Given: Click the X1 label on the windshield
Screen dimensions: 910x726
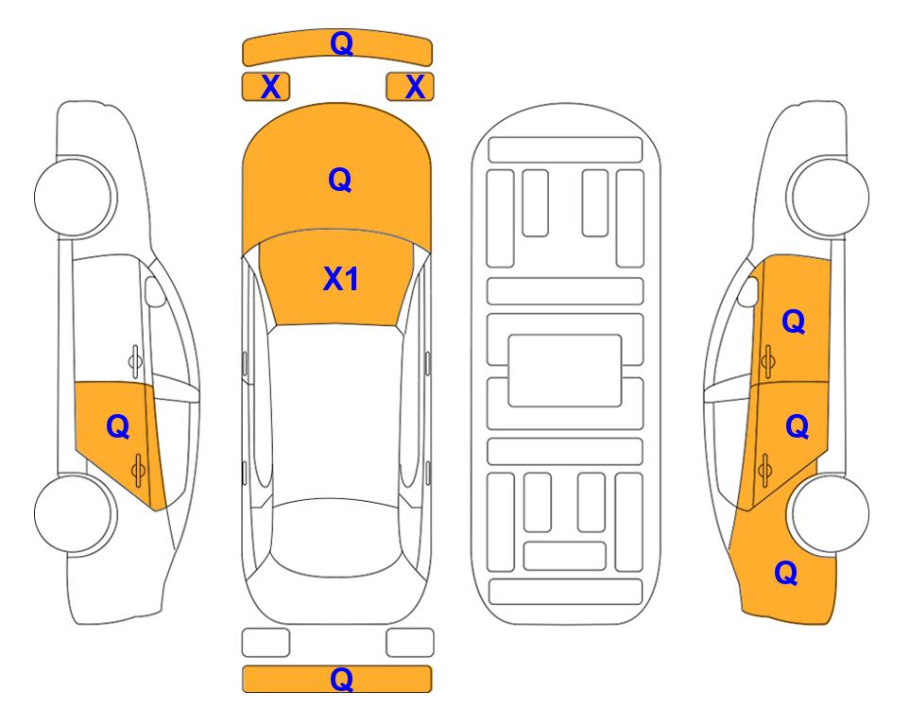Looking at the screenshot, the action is tap(341, 279).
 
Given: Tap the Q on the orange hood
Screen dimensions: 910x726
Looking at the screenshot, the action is tap(340, 180).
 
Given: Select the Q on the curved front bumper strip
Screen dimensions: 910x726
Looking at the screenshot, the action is tap(341, 43).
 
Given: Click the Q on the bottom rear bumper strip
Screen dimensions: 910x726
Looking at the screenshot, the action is tap(341, 679).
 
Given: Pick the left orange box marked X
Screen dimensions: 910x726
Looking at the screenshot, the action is tap(266, 87).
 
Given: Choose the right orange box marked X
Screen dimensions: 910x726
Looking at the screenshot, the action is tap(410, 87).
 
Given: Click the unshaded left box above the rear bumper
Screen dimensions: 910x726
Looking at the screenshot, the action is tap(266, 643).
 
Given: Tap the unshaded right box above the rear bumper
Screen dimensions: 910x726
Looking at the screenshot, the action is tap(410, 643).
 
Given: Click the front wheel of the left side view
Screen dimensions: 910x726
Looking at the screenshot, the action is tap(75, 197).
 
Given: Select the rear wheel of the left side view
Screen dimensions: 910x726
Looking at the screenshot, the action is tap(75, 513).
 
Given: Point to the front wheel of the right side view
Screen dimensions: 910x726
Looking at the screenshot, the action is tap(830, 197).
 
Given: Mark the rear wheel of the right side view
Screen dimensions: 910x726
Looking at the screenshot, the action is tap(831, 513).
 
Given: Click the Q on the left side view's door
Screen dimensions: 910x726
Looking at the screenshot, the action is tap(118, 427).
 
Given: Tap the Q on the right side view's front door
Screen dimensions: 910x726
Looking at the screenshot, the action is tap(794, 321).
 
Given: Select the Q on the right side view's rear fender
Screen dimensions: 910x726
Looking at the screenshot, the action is tap(786, 573).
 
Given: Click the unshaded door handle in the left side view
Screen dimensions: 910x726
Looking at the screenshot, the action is tap(135, 361).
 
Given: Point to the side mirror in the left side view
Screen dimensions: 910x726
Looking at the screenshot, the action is tap(154, 291).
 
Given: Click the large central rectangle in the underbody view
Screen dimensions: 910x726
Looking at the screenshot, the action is tap(565, 371).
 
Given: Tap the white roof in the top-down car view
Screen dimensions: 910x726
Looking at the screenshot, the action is tap(335, 413).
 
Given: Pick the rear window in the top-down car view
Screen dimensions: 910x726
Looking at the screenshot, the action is tap(337, 537).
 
